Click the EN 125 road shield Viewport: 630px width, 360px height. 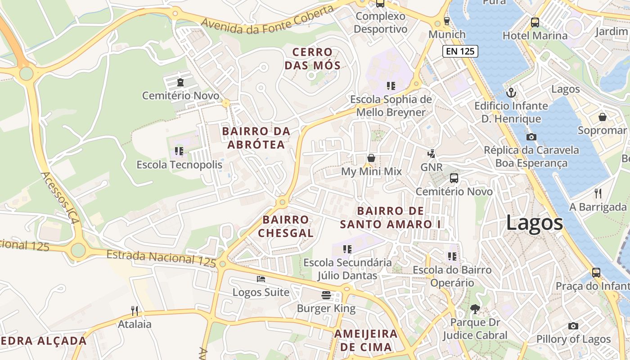[x=459, y=51]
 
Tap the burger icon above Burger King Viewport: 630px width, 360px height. [x=326, y=295]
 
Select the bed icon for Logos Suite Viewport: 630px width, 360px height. [x=261, y=279]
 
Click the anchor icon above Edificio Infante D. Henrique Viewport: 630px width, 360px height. [x=511, y=93]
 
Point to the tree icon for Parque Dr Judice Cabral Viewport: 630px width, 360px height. [x=475, y=309]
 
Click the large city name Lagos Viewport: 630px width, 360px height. [x=535, y=223]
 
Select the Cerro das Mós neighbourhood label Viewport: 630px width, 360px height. [x=312, y=59]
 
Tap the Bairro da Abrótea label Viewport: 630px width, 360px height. [x=256, y=138]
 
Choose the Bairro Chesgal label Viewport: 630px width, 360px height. [x=286, y=226]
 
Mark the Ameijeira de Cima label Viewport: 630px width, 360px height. [x=366, y=340]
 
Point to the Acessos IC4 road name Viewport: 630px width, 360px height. [x=60, y=198]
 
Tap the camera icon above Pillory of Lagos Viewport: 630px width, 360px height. [x=573, y=326]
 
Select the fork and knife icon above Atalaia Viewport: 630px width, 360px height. [x=134, y=310]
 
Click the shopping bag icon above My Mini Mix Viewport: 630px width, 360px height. [x=371, y=158]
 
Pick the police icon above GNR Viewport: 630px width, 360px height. [x=431, y=154]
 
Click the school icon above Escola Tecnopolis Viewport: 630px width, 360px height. [x=179, y=151]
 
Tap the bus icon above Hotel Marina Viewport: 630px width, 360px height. [x=535, y=22]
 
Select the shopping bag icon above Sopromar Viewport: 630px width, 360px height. [x=602, y=117]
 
